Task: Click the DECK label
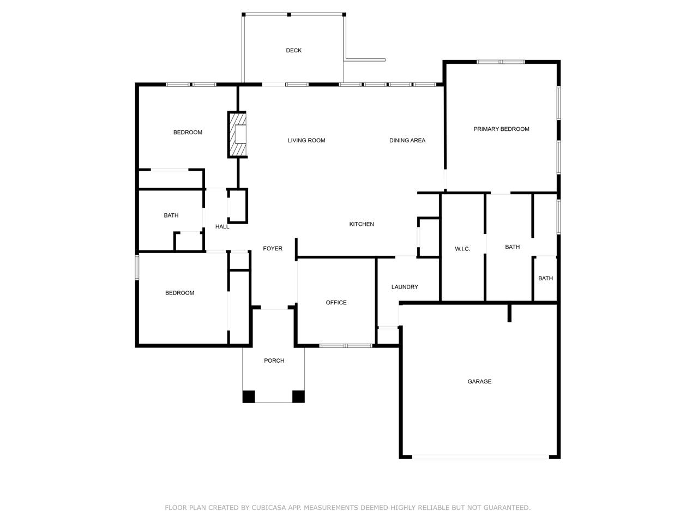click(293, 51)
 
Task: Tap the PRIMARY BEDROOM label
click(501, 129)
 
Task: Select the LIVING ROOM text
click(306, 141)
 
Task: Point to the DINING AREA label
click(407, 141)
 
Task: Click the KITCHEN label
click(362, 224)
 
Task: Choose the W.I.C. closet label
click(462, 249)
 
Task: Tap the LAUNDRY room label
click(405, 287)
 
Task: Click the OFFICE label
click(336, 303)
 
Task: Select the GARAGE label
click(479, 382)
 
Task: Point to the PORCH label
click(274, 360)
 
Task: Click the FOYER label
click(273, 249)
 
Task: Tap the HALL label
click(222, 226)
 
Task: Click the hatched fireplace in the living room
click(237, 134)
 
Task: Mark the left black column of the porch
click(249, 396)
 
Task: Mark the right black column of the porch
click(298, 396)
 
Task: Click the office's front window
click(346, 345)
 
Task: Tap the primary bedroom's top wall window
click(501, 62)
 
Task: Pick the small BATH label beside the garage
click(545, 279)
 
